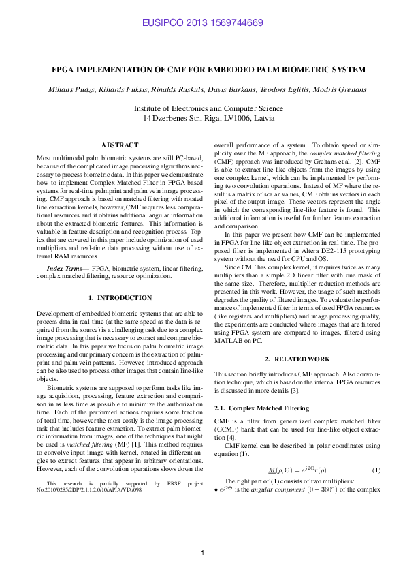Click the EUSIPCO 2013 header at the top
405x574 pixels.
tap(202, 23)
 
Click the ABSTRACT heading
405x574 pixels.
tap(120, 145)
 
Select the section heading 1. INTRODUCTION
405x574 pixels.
tap(120, 298)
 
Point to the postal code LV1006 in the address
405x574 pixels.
tap(231, 118)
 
